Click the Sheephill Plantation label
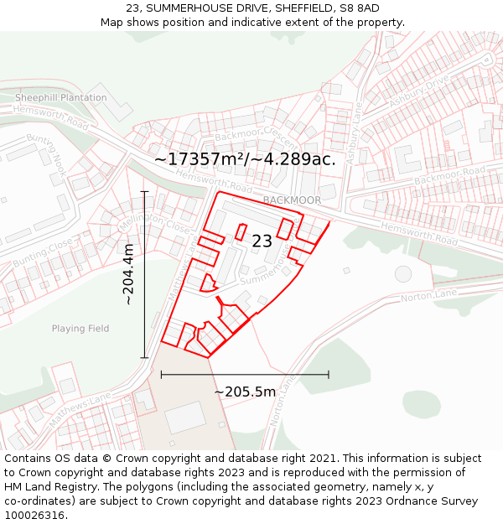pos(61,97)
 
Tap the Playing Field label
pos(80,329)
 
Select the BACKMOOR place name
pos(292,200)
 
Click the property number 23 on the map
pos(262,241)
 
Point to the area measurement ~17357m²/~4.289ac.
pos(245,159)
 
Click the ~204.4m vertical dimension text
pos(128,274)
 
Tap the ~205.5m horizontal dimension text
pos(245,392)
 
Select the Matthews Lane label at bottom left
pos(80,410)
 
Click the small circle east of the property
pos(403,274)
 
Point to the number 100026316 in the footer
pos(36,515)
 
